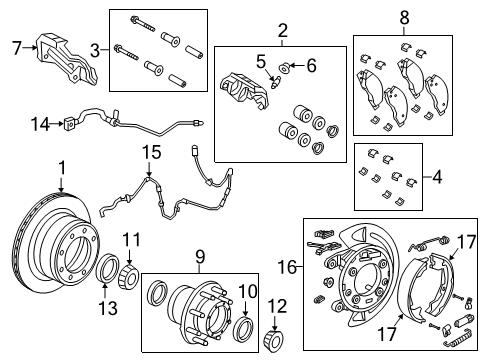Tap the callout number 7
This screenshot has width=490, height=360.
point(15,47)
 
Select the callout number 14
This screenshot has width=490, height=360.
point(40,124)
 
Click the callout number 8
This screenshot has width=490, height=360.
point(404,18)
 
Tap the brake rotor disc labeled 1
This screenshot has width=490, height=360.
point(55,250)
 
